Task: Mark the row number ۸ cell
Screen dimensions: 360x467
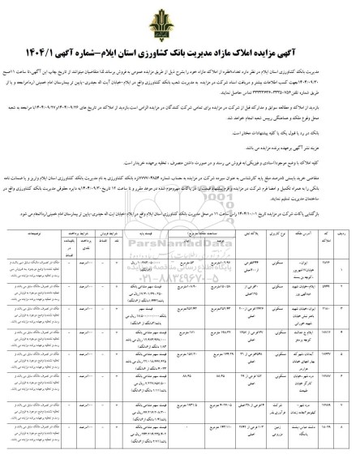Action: pos(346,444)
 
